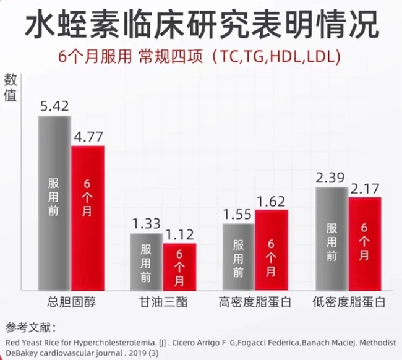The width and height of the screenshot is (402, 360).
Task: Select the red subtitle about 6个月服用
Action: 200,56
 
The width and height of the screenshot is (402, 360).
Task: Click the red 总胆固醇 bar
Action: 87,216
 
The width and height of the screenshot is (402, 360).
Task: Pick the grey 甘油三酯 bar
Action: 145,260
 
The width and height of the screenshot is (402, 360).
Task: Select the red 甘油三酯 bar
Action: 179,265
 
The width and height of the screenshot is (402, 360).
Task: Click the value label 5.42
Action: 54,106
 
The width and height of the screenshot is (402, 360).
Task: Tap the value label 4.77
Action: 87,135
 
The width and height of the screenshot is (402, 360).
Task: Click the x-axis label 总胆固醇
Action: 71,303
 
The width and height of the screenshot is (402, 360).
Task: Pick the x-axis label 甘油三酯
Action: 163,303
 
